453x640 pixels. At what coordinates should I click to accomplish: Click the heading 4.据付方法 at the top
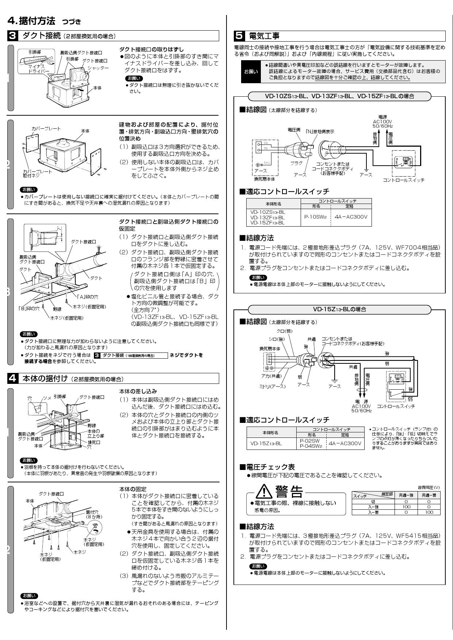click(x=31, y=21)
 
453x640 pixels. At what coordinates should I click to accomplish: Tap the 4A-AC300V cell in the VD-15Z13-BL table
click(x=345, y=443)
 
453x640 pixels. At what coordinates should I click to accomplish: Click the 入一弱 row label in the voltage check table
click(x=373, y=512)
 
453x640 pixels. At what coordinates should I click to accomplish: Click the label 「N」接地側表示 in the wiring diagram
click(x=320, y=131)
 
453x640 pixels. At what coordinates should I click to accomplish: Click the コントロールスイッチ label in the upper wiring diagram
click(x=403, y=180)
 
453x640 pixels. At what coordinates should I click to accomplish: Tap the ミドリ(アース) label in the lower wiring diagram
click(x=272, y=386)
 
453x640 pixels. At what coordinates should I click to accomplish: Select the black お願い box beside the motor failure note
click(x=250, y=72)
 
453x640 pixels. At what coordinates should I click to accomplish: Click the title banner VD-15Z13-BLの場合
click(x=339, y=309)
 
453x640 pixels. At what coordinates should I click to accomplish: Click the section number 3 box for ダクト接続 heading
click(x=12, y=36)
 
